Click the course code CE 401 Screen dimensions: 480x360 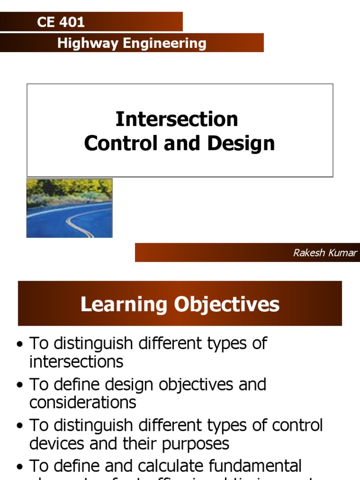[60, 22]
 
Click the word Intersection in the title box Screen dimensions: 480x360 [177, 119]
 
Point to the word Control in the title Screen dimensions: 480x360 [121, 143]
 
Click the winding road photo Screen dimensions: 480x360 [69, 208]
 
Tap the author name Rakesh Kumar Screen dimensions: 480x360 [325, 253]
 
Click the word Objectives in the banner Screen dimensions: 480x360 [227, 304]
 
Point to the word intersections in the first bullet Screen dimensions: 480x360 [76, 361]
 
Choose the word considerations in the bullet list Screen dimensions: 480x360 [82, 402]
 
